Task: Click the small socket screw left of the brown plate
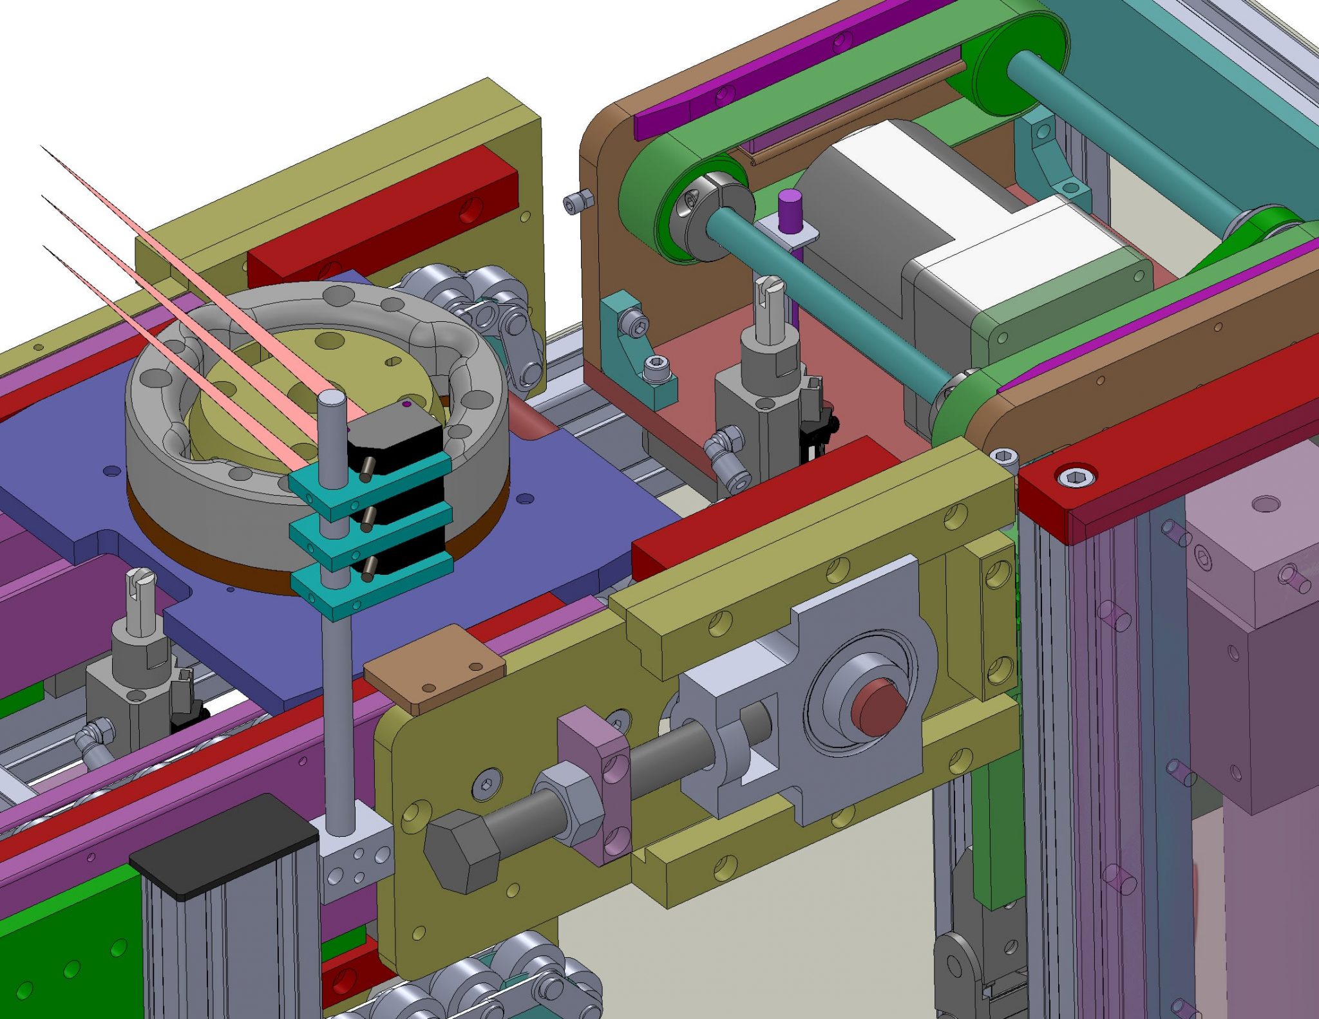point(574,203)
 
